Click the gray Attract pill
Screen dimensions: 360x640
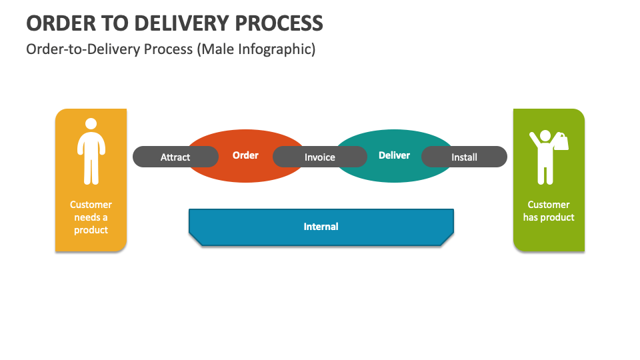[x=175, y=157]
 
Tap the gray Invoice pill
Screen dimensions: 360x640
[x=320, y=157]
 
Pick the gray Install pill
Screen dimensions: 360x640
[x=464, y=157]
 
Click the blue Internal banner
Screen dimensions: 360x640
[x=321, y=227]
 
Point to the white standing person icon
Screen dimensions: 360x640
[x=91, y=152]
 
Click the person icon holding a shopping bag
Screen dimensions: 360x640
[x=545, y=157]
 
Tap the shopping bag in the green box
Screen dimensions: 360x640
[x=561, y=142]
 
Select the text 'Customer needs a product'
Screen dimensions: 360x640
[x=91, y=217]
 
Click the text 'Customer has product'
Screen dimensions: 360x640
[x=549, y=211]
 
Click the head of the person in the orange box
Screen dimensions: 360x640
[x=91, y=124]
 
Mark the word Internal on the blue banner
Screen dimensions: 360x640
[x=321, y=227]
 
